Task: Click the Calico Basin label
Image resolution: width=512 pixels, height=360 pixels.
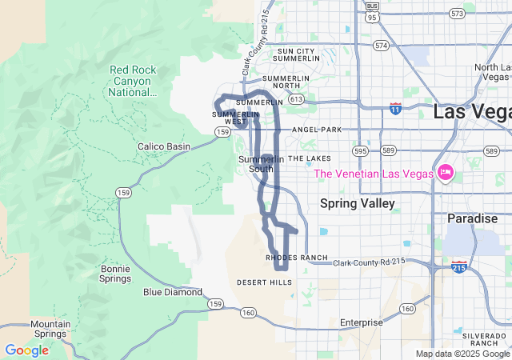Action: click(164, 146)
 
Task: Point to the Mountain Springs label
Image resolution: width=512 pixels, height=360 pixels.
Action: click(51, 330)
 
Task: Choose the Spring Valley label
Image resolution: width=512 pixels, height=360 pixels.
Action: click(358, 204)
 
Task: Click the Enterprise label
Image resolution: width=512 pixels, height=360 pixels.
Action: click(362, 322)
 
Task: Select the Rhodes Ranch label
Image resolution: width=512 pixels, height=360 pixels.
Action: click(296, 258)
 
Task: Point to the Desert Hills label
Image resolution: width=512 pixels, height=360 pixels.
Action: click(265, 282)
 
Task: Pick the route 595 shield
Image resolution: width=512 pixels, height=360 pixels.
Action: click(362, 150)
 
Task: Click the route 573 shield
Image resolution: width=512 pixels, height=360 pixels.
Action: click(457, 14)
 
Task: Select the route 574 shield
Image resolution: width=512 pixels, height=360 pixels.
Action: click(381, 46)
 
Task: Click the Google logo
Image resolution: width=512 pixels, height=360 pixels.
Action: click(26, 350)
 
